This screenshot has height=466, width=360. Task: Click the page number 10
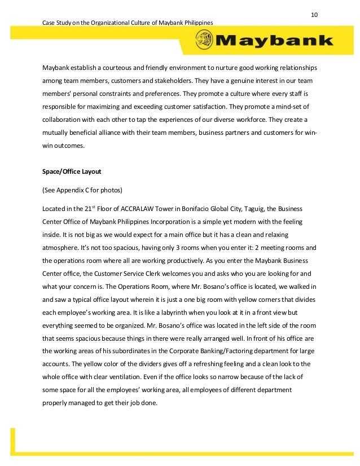pyautogui.click(x=314, y=14)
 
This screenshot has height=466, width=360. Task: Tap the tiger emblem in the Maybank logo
pyautogui.click(x=204, y=41)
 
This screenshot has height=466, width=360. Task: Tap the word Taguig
pyautogui.click(x=264, y=209)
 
